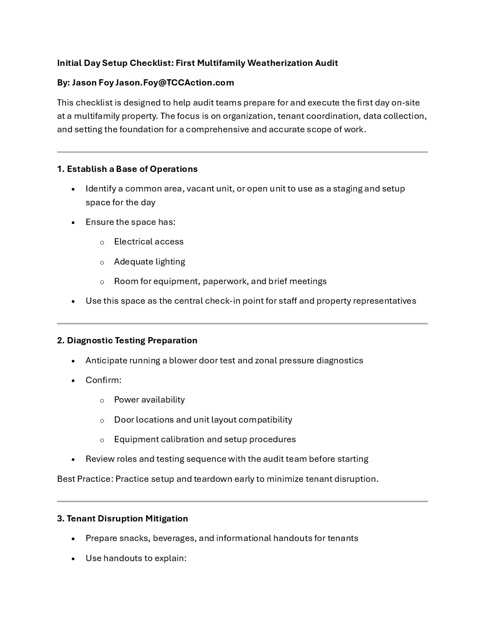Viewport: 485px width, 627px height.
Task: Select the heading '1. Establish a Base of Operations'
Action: click(127, 169)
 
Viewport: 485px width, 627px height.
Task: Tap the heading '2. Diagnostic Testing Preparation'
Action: click(127, 341)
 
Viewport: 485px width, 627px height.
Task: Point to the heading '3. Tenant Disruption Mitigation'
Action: click(123, 519)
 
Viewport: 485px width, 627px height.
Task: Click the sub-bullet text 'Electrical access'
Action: click(148, 242)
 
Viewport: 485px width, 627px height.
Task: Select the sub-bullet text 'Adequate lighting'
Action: click(149, 262)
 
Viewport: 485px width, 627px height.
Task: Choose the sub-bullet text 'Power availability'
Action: click(149, 400)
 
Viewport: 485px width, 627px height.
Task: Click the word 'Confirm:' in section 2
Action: click(103, 380)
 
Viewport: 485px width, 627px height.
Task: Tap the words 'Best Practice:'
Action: click(85, 479)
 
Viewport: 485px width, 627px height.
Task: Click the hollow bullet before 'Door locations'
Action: click(102, 420)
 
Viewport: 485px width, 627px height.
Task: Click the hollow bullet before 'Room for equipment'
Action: click(102, 282)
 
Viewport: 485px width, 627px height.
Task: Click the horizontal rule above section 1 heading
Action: click(242, 152)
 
